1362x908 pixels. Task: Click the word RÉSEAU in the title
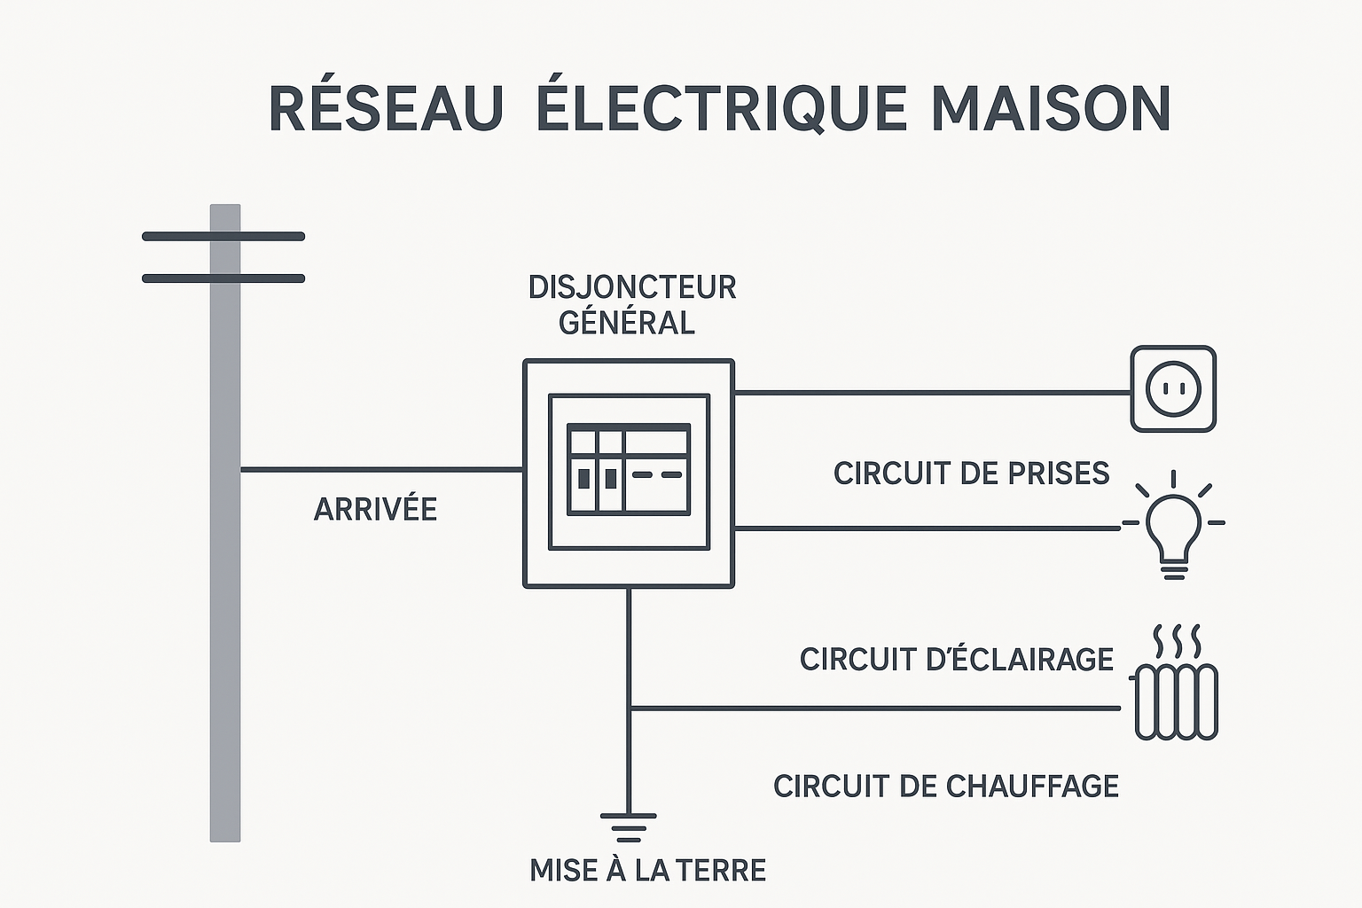point(386,109)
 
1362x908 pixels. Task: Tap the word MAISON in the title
point(1051,109)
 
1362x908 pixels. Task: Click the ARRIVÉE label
point(375,510)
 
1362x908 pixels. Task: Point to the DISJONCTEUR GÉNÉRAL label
point(631,304)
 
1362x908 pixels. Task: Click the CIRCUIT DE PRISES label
point(971,474)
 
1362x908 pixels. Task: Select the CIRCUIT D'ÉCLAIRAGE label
point(956,660)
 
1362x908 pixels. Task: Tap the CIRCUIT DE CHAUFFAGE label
point(945,787)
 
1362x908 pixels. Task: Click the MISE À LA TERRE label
point(647,871)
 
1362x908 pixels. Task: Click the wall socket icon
point(1172,388)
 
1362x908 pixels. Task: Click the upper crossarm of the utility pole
point(223,237)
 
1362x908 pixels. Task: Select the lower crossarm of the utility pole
point(223,278)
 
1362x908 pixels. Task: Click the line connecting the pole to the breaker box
point(381,469)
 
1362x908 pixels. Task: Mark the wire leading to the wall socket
point(931,392)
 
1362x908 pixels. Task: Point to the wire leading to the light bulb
point(927,528)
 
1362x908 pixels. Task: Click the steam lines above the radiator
point(1177,638)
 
